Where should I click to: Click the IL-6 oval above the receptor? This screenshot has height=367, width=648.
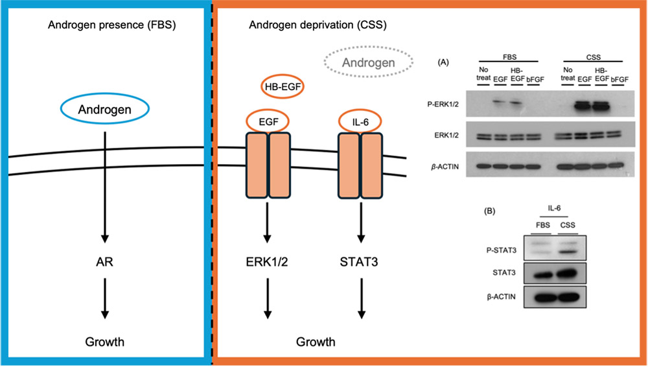pyautogui.click(x=360, y=110)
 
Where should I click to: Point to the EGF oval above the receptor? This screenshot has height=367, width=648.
pyautogui.click(x=268, y=110)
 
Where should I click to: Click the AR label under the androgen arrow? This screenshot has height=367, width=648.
pyautogui.click(x=104, y=262)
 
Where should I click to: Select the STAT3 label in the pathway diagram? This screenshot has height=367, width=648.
pyautogui.click(x=359, y=262)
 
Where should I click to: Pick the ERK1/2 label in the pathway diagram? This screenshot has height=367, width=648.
pyautogui.click(x=267, y=262)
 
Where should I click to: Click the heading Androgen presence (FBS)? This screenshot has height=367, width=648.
pyautogui.click(x=112, y=25)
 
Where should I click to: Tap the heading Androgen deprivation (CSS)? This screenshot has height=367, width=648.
pyautogui.click(x=318, y=25)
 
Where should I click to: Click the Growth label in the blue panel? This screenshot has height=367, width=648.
pyautogui.click(x=104, y=342)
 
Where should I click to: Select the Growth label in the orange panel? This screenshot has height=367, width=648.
pyautogui.click(x=316, y=342)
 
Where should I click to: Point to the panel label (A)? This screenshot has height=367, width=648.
pyautogui.click(x=443, y=62)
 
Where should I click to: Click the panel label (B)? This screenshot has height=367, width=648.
pyautogui.click(x=489, y=211)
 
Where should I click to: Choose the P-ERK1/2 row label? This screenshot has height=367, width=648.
pyautogui.click(x=443, y=104)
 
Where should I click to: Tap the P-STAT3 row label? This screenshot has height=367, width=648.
pyautogui.click(x=502, y=250)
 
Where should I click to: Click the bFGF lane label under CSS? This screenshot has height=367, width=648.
pyautogui.click(x=619, y=79)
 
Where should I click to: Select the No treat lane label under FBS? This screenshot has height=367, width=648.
pyautogui.click(x=483, y=74)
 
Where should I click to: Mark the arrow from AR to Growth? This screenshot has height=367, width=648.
pyautogui.click(x=105, y=298)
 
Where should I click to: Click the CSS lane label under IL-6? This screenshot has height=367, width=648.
pyautogui.click(x=568, y=225)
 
